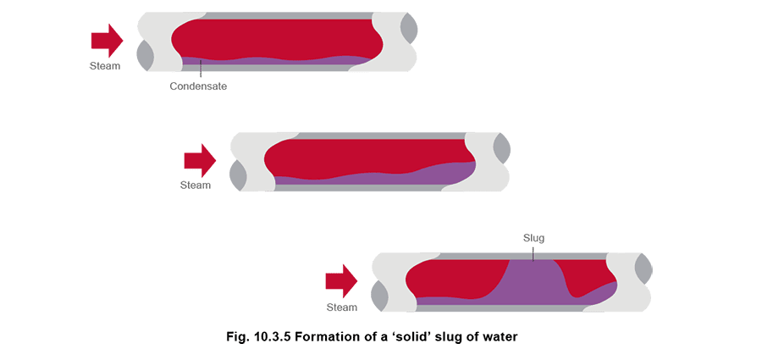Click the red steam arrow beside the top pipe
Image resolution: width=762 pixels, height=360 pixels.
pyautogui.click(x=107, y=41)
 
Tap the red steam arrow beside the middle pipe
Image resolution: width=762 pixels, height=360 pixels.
pyautogui.click(x=200, y=161)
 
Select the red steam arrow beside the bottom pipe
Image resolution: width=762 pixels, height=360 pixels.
pyautogui.click(x=341, y=280)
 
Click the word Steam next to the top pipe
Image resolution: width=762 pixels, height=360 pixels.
pyautogui.click(x=104, y=66)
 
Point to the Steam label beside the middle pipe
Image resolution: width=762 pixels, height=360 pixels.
pyautogui.click(x=196, y=186)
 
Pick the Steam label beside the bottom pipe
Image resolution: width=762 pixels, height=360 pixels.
pyautogui.click(x=342, y=307)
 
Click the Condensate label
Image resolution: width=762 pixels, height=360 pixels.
pyautogui.click(x=198, y=86)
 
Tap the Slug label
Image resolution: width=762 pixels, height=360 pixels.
pyautogui.click(x=533, y=239)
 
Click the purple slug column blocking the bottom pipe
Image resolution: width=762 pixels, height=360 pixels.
pyautogui.click(x=533, y=282)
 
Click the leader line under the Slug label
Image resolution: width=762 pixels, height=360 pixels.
pyautogui.click(x=533, y=253)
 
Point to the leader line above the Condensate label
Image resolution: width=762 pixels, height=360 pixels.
pyautogui.click(x=201, y=72)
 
